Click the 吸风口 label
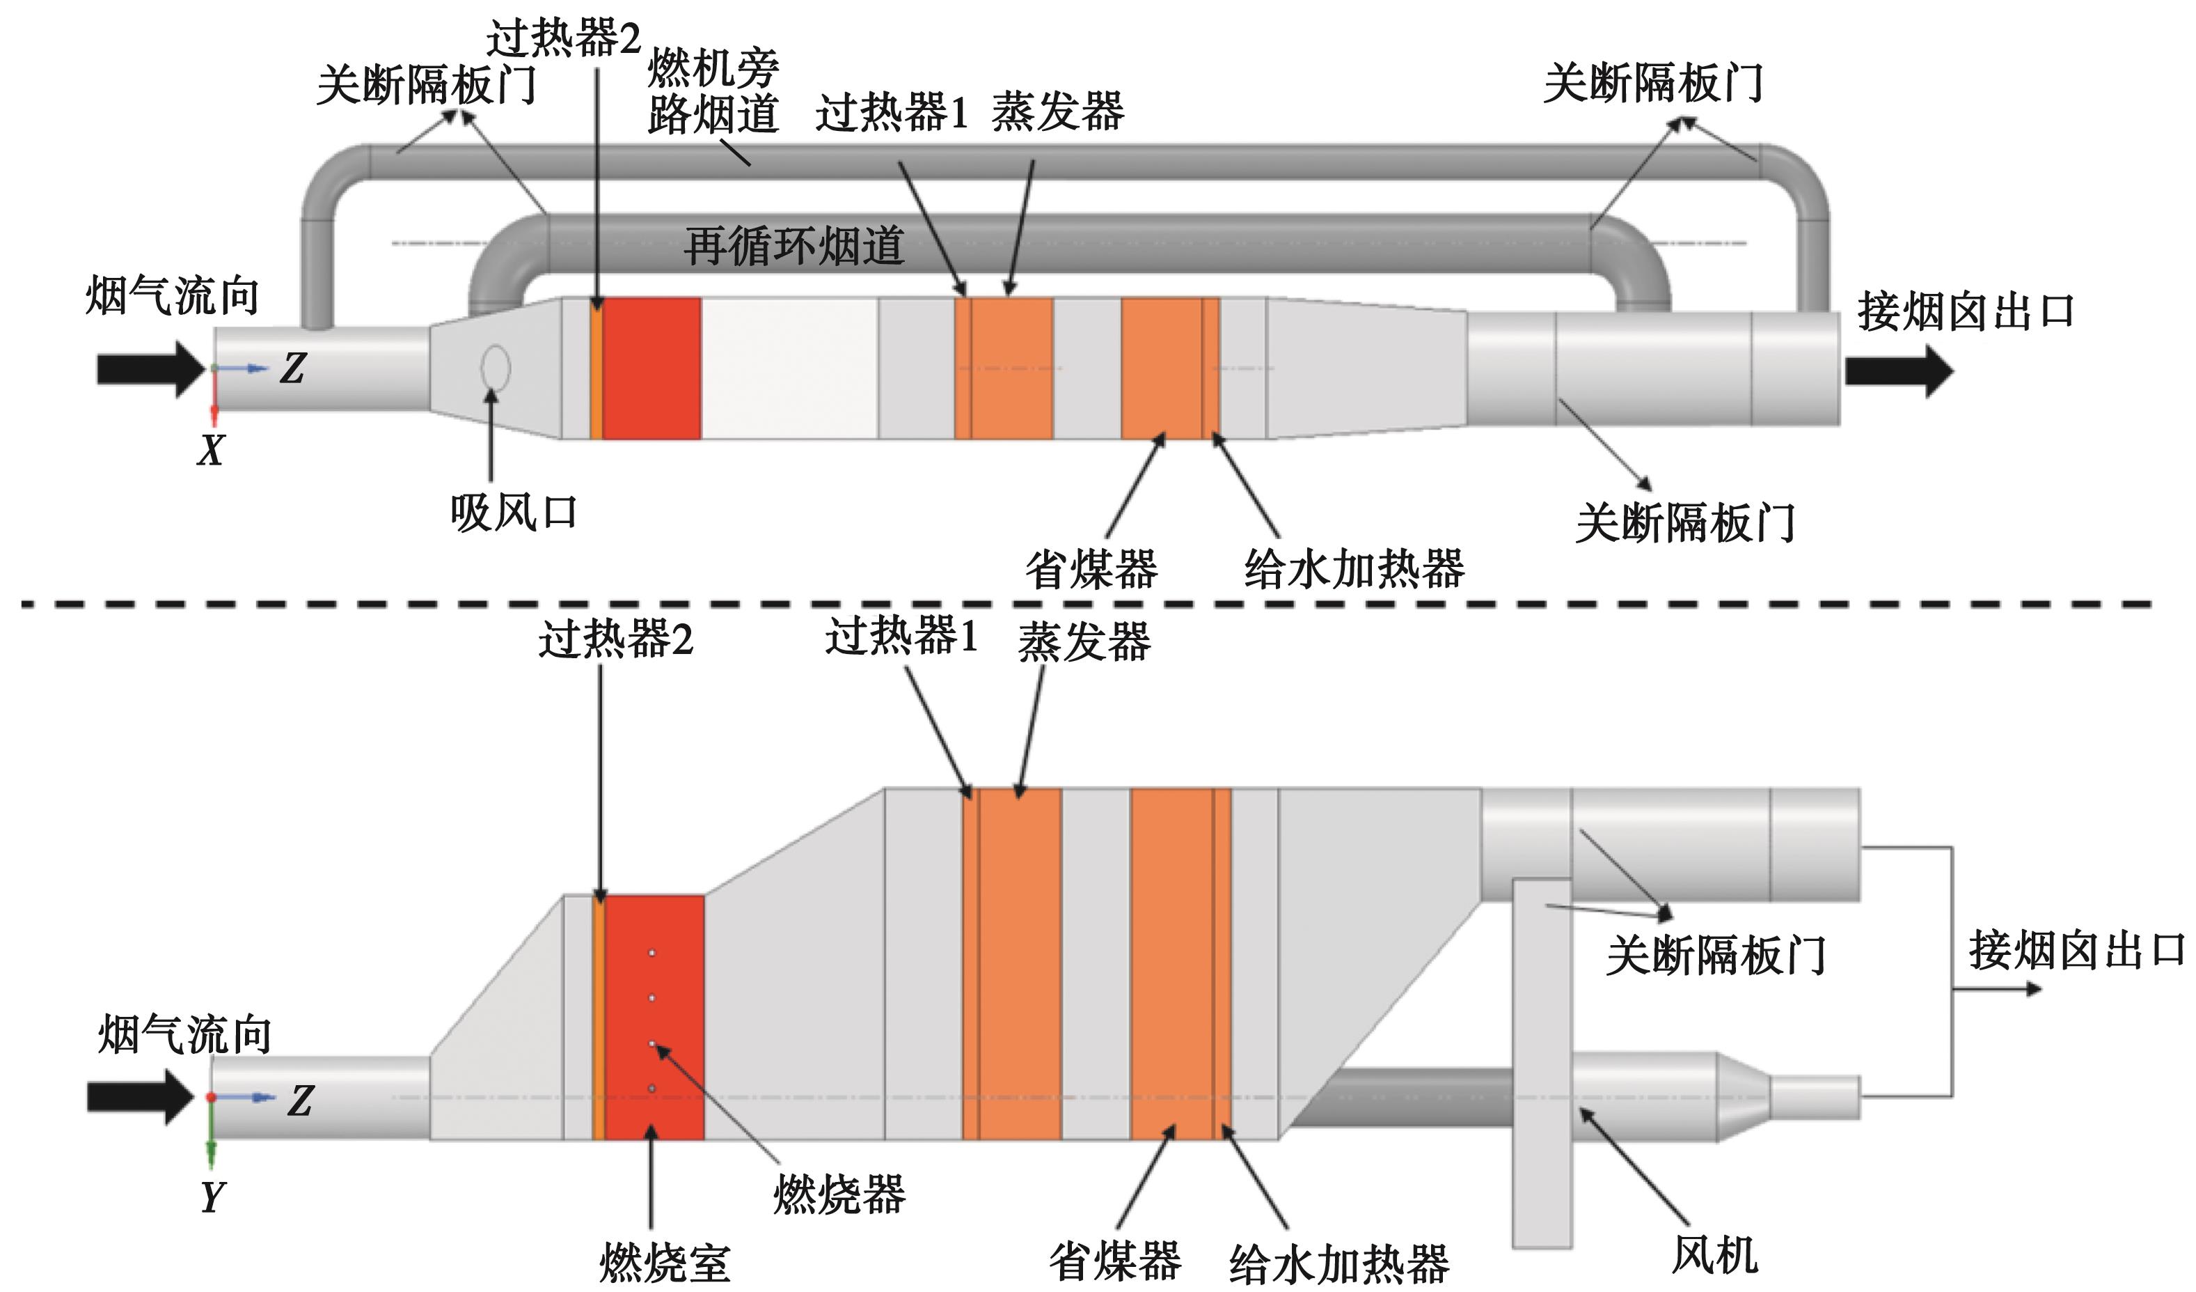point(513,513)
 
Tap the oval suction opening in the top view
point(496,368)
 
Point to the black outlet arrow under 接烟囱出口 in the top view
point(1899,371)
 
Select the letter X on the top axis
point(211,451)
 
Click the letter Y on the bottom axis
point(212,1197)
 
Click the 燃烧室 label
point(664,1262)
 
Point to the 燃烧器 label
point(839,1194)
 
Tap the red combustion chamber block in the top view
point(651,368)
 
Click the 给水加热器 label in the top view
point(1354,569)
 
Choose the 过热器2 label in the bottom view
point(615,641)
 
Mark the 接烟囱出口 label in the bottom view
point(2076,950)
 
